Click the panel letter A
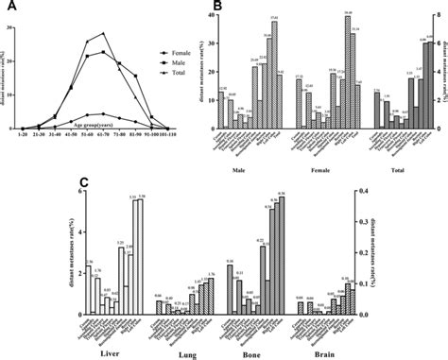tap(11, 7)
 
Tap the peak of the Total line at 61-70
tap(103, 34)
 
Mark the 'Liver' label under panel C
tap(112, 351)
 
